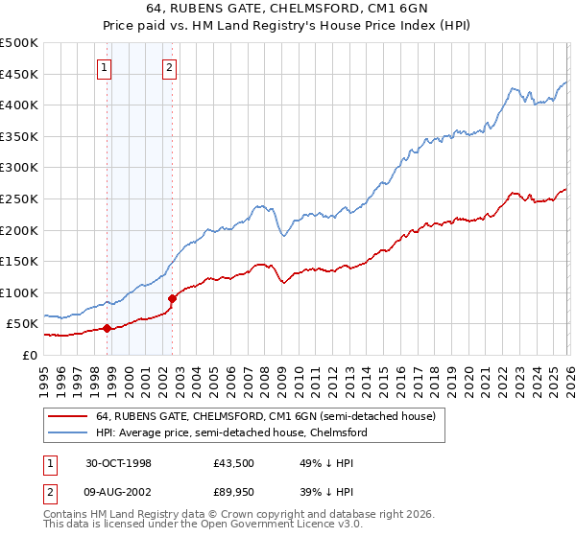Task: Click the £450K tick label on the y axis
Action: (19, 74)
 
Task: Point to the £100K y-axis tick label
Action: (19, 292)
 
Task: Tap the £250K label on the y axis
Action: (19, 198)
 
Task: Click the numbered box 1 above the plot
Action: (104, 67)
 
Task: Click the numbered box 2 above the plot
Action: (169, 67)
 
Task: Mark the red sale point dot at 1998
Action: (108, 328)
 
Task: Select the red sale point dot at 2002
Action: (172, 298)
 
